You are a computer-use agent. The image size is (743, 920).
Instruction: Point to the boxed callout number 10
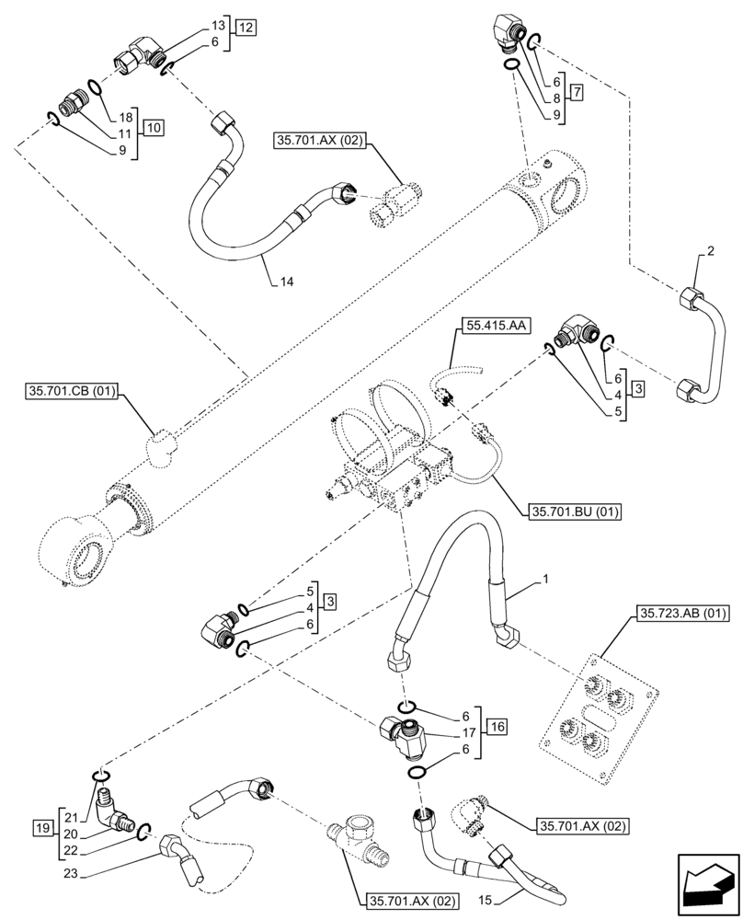(154, 128)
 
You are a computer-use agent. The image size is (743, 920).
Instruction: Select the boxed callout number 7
(577, 92)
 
